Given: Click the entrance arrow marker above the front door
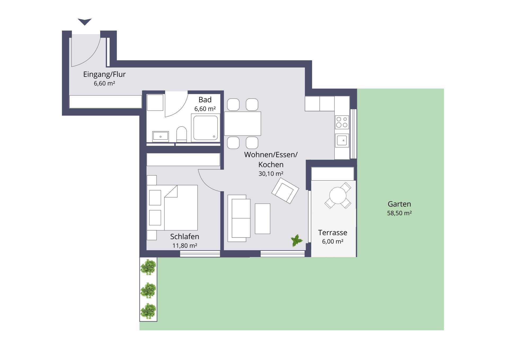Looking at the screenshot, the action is click(85, 21).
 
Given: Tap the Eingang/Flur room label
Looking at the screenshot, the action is click(104, 74).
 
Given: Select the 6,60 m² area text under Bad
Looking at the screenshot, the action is click(205, 109).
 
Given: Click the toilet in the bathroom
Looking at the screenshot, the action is click(182, 134).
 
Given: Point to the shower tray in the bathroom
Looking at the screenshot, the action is click(205, 128).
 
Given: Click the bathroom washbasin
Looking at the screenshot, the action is click(160, 136).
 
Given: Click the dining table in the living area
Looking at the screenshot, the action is click(243, 124).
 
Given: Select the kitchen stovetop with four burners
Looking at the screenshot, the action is click(342, 122).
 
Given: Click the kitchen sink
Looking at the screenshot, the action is click(342, 140).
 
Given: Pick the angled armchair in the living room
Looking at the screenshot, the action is click(285, 190).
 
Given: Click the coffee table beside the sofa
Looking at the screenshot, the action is click(262, 219).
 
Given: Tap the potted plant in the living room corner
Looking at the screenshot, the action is click(297, 241).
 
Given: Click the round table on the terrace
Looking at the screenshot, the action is click(338, 195).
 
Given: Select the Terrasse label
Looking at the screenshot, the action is click(332, 233).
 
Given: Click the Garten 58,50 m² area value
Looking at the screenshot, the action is click(399, 213).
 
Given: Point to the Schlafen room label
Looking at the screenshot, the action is click(185, 236).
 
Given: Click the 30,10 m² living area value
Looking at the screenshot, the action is click(271, 174).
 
